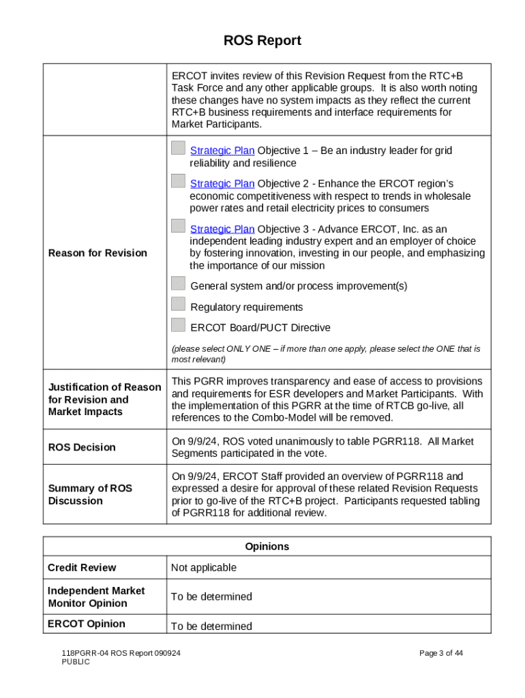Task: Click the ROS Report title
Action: click(x=262, y=41)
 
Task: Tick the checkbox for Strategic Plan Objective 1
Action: click(x=179, y=148)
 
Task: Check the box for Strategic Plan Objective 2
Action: click(x=179, y=181)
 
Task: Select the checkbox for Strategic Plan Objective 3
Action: click(x=179, y=226)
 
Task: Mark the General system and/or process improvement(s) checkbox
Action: click(x=179, y=284)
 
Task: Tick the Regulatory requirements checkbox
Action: click(x=179, y=304)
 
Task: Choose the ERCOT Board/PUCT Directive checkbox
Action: click(x=179, y=325)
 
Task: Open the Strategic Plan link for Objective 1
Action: click(x=222, y=151)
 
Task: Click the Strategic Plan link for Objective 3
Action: click(x=222, y=229)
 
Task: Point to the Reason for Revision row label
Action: click(x=97, y=253)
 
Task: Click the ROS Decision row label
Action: click(x=82, y=447)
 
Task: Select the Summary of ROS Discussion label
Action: click(x=90, y=494)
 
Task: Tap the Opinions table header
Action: click(x=267, y=547)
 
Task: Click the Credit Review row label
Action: click(x=82, y=567)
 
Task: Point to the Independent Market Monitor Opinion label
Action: click(x=96, y=596)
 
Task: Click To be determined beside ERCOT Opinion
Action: click(x=211, y=626)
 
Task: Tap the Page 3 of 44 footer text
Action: click(x=441, y=653)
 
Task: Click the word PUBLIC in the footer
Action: click(x=76, y=662)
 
